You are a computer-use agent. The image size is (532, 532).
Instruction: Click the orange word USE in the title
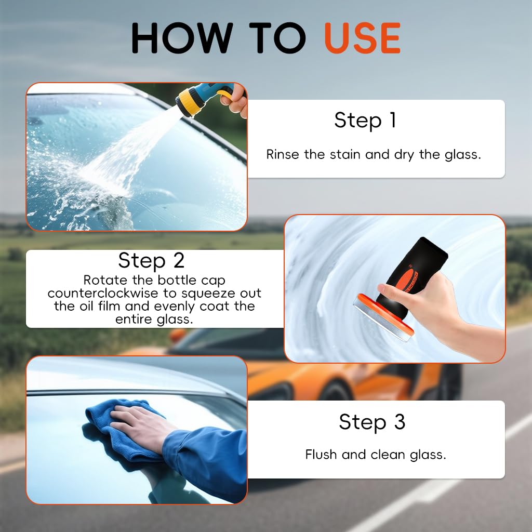(362, 38)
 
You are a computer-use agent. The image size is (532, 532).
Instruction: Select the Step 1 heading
(365, 120)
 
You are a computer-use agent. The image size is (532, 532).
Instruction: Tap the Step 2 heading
(151, 260)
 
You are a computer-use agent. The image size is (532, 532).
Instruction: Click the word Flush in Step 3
(321, 455)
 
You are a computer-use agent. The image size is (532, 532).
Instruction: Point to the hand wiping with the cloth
(138, 421)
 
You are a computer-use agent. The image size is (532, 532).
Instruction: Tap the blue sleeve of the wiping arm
(208, 457)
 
